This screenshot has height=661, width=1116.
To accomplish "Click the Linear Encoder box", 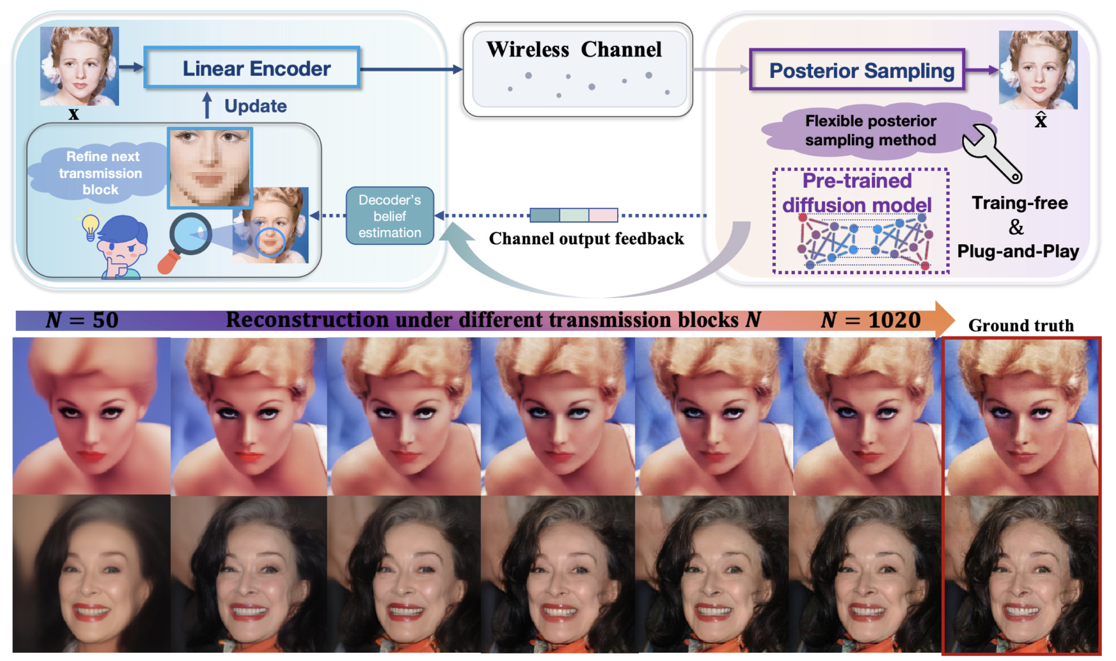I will pyautogui.click(x=252, y=68).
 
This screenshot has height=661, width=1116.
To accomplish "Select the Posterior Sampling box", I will pyautogui.click(x=857, y=71).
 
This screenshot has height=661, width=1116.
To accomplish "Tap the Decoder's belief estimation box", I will pyautogui.click(x=390, y=216).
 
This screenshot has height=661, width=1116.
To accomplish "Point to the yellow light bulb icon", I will pyautogui.click(x=90, y=225).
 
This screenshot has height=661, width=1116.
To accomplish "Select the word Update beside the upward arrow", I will pyautogui.click(x=256, y=106).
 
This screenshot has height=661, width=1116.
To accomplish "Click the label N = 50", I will pyautogui.click(x=82, y=321).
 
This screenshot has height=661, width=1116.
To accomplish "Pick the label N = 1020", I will pyautogui.click(x=871, y=321).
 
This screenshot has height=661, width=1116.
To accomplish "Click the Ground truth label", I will pyautogui.click(x=1021, y=326).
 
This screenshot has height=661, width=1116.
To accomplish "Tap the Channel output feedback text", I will pyautogui.click(x=586, y=239).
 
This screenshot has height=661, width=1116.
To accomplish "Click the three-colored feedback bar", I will pyautogui.click(x=574, y=215).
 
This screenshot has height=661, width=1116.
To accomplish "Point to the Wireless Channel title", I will pyautogui.click(x=574, y=50).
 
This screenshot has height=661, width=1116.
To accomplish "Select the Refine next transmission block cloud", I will pyautogui.click(x=100, y=173).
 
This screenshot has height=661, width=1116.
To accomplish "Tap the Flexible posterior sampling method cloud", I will pyautogui.click(x=870, y=131).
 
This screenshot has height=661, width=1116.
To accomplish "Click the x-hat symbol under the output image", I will pyautogui.click(x=1041, y=119).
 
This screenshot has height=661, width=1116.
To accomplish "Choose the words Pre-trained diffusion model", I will pyautogui.click(x=857, y=193).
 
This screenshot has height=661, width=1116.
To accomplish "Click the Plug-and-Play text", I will pyautogui.click(x=1018, y=252).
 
